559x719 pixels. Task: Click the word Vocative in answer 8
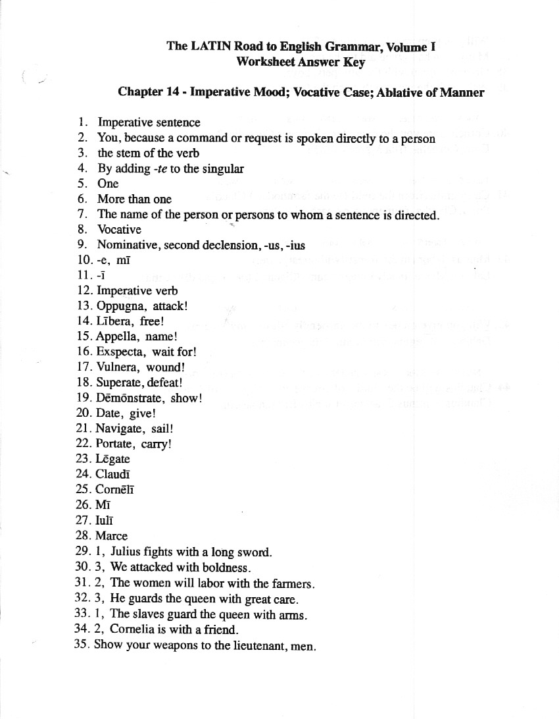click(119, 230)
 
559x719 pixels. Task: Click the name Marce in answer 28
click(112, 536)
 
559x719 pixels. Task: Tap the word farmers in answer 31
click(293, 583)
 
